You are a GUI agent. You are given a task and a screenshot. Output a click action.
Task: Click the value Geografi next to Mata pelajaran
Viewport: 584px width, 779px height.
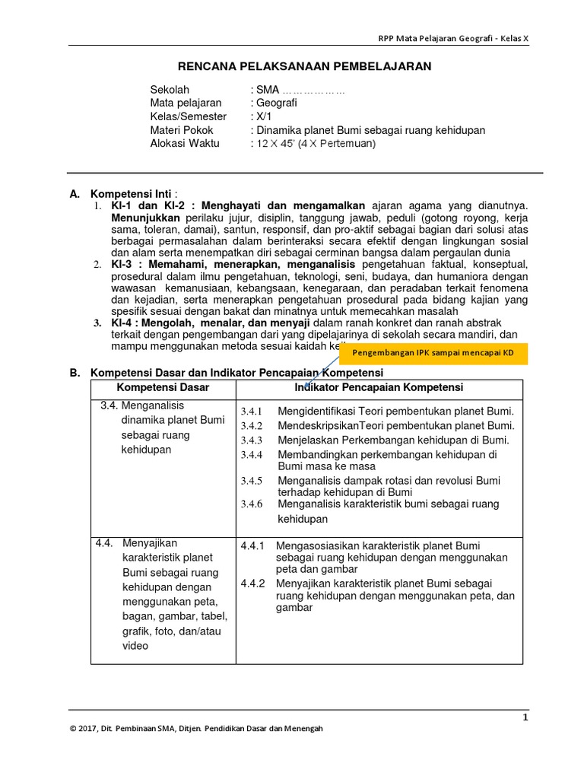click(277, 103)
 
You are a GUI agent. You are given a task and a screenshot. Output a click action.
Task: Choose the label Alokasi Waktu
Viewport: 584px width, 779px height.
click(185, 143)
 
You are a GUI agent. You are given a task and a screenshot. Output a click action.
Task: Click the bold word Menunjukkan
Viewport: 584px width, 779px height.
click(145, 218)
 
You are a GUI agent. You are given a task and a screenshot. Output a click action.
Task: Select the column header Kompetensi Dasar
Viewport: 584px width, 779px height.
click(162, 388)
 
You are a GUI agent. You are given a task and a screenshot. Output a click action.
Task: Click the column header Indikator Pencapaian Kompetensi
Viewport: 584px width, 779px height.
click(379, 388)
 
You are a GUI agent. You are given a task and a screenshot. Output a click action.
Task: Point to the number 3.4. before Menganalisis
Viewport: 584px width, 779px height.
click(109, 405)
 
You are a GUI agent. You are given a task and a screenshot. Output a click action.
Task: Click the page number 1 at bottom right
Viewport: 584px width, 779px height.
click(525, 717)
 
